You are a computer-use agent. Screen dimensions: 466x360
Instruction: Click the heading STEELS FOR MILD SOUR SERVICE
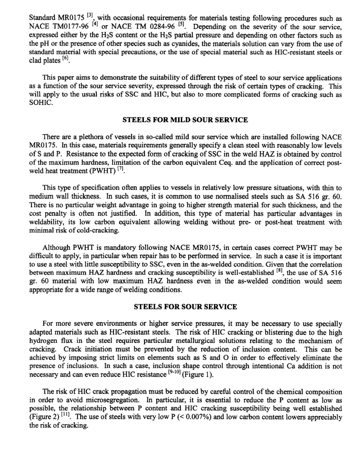pos(185,120)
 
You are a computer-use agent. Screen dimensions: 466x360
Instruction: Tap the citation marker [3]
pos(89,16)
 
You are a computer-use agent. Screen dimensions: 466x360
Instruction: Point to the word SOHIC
pos(39,103)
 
